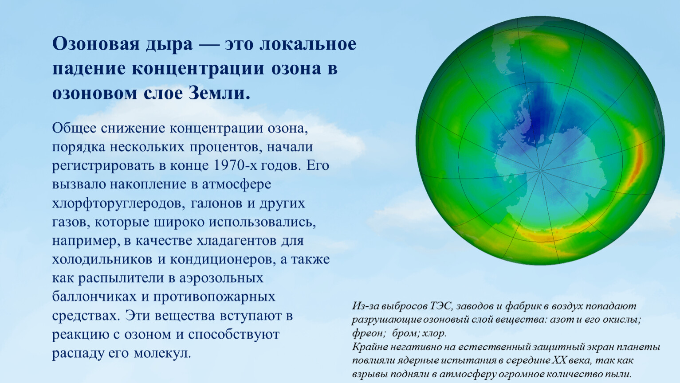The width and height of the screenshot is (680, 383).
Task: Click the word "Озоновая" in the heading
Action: (x=96, y=44)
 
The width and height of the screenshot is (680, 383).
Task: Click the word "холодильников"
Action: (x=102, y=259)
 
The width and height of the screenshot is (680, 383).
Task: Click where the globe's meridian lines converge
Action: (x=540, y=171)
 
